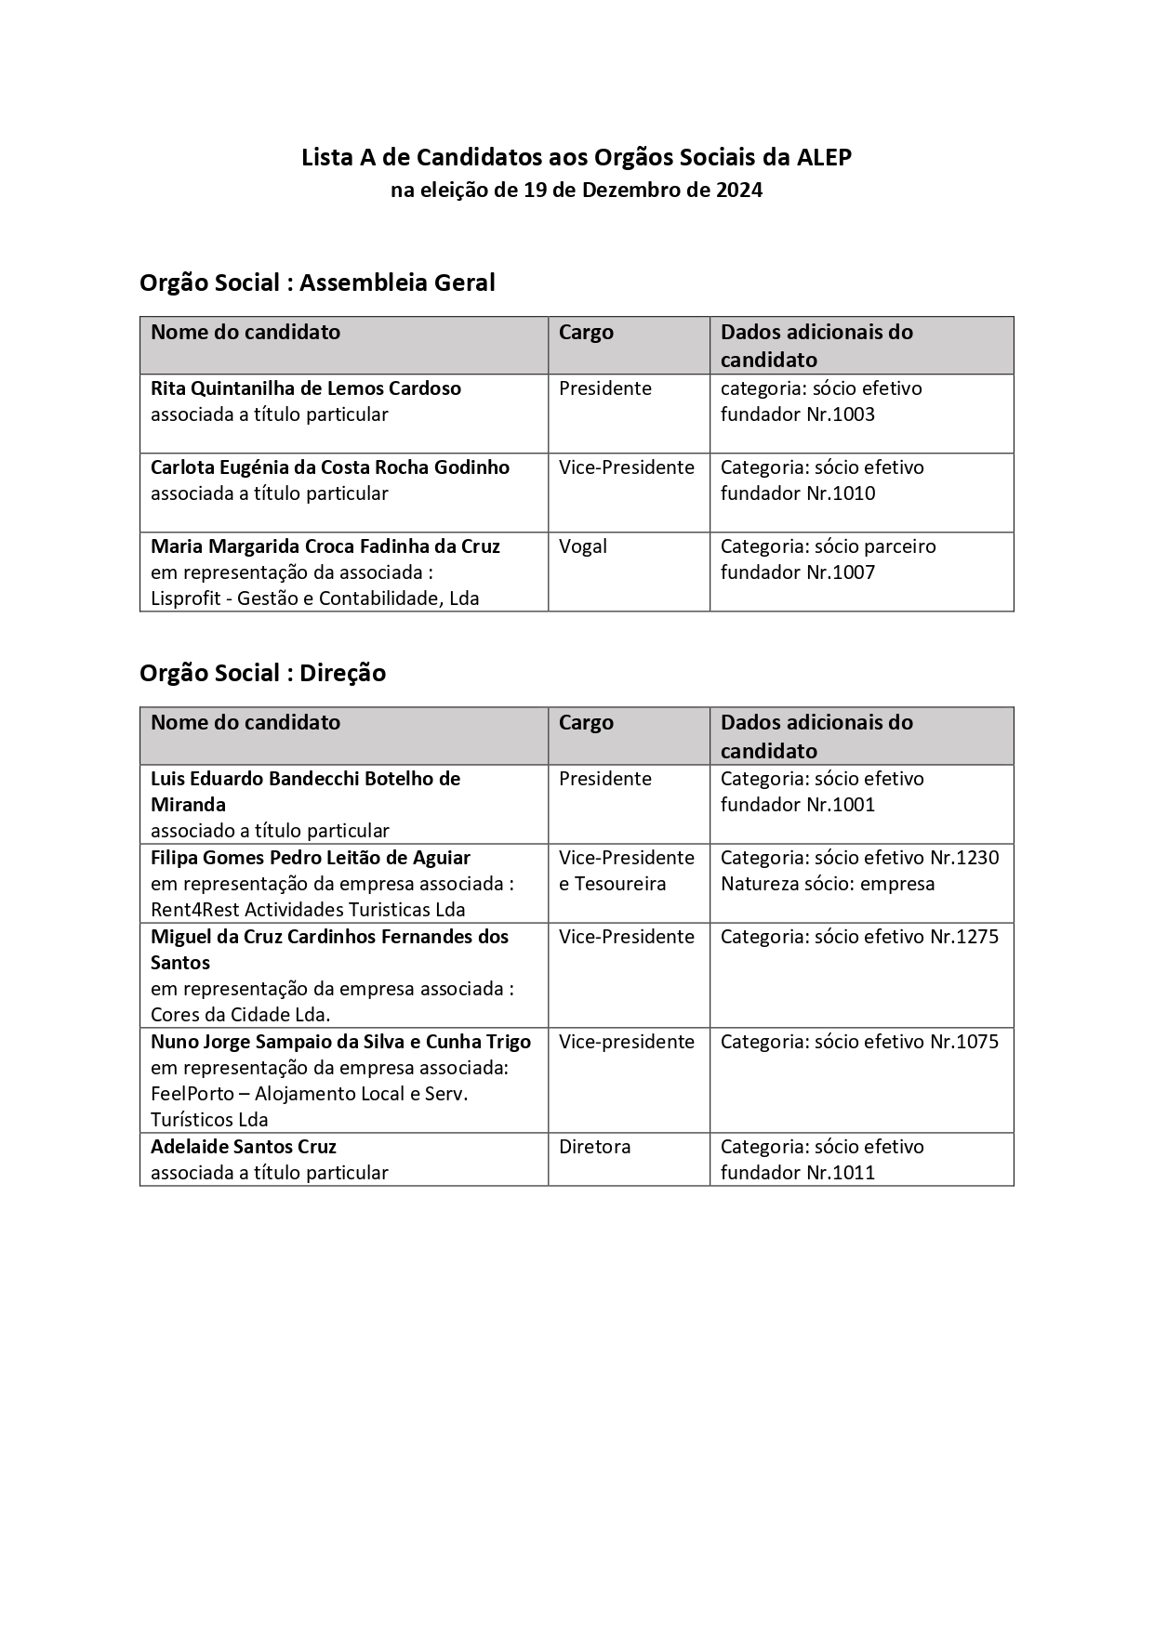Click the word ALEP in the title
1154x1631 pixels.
click(824, 158)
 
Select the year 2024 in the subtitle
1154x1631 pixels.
click(740, 191)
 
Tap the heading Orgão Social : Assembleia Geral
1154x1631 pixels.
click(317, 283)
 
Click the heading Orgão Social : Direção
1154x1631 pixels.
click(262, 673)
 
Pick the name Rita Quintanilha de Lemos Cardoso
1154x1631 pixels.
click(306, 388)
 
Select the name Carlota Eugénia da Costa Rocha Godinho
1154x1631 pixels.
click(330, 467)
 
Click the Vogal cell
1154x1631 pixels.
click(583, 546)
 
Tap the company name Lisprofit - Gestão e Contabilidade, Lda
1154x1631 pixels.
click(315, 598)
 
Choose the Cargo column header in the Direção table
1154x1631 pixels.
click(586, 722)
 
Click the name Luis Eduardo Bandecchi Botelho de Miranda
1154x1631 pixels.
click(306, 791)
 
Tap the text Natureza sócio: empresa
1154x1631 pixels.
click(828, 884)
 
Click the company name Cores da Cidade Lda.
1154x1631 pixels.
click(241, 1015)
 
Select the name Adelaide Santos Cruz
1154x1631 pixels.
click(244, 1147)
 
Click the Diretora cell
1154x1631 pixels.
click(595, 1147)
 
